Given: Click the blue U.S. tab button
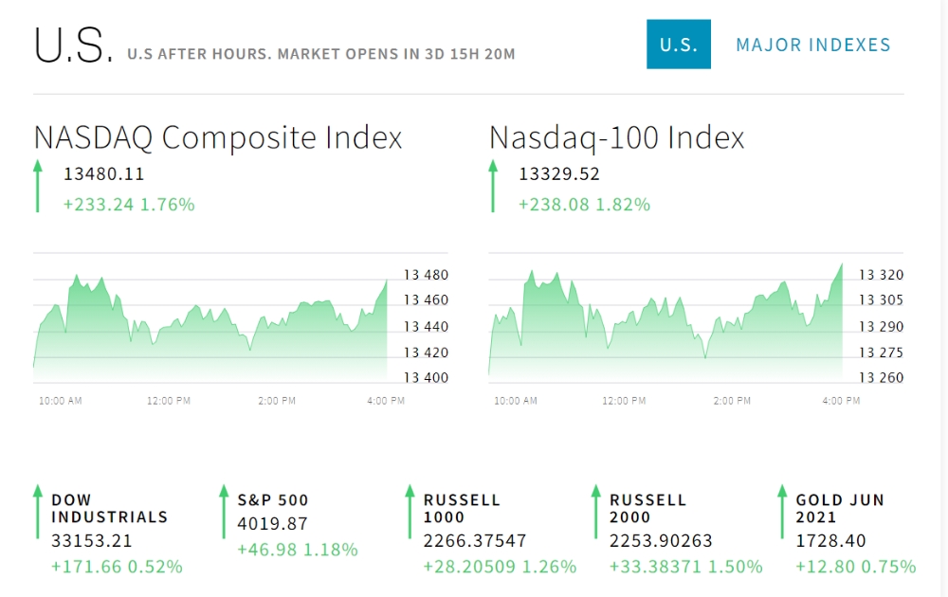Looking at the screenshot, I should point(678,45).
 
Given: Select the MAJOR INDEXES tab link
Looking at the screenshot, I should point(812,45).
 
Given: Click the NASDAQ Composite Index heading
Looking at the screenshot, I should point(218,137).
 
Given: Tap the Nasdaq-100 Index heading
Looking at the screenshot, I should point(616,137).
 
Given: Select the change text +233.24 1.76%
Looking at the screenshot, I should point(129,204).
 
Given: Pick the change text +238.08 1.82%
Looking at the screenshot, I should point(584,204).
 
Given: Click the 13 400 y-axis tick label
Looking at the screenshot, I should point(425,378).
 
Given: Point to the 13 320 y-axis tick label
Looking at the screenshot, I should point(881,276).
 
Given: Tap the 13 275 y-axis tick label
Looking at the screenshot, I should point(881,353).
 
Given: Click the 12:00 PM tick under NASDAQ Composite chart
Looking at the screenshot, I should point(169,401).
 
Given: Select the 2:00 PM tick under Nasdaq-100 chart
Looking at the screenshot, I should point(732,401).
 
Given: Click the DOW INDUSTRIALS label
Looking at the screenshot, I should point(109,509).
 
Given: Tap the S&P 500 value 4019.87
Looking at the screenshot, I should point(273,523).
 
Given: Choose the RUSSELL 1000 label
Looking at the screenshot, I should point(462,509).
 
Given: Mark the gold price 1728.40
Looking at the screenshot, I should point(829,541).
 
